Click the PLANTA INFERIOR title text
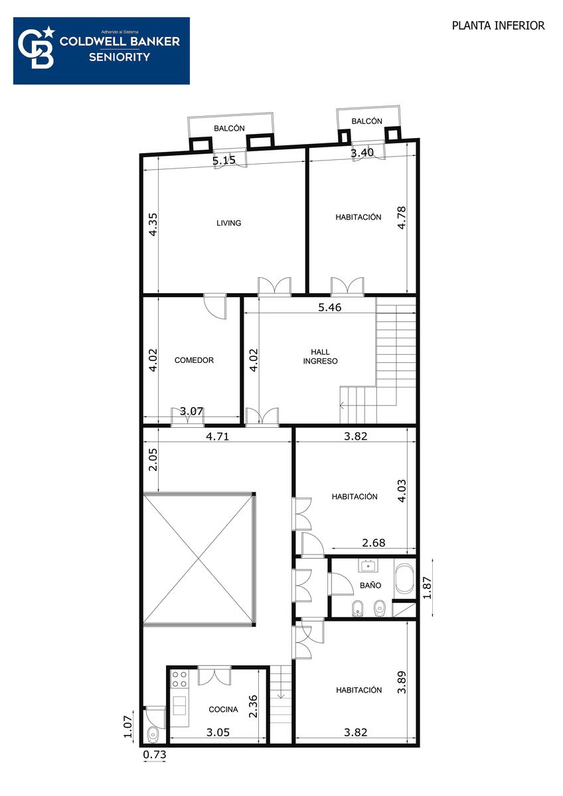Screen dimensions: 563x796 tap(498, 26)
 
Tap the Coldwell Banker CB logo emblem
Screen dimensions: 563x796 tap(37, 48)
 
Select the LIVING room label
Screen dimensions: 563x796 tap(228, 223)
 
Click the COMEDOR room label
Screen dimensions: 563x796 tap(194, 360)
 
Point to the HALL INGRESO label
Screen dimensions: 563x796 tap(320, 356)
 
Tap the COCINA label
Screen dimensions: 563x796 tap(223, 709)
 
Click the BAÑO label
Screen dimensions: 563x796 tap(370, 585)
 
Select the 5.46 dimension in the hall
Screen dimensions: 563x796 tap(330, 307)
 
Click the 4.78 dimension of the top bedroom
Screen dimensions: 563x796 tap(401, 218)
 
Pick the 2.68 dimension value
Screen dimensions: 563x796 tap(373, 543)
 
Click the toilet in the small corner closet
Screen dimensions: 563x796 tap(153, 734)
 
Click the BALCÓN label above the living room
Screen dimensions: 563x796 tap(229, 128)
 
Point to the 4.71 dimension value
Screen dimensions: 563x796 tap(217, 436)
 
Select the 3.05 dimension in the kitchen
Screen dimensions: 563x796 tap(218, 732)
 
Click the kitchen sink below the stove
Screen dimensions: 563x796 tap(179, 706)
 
